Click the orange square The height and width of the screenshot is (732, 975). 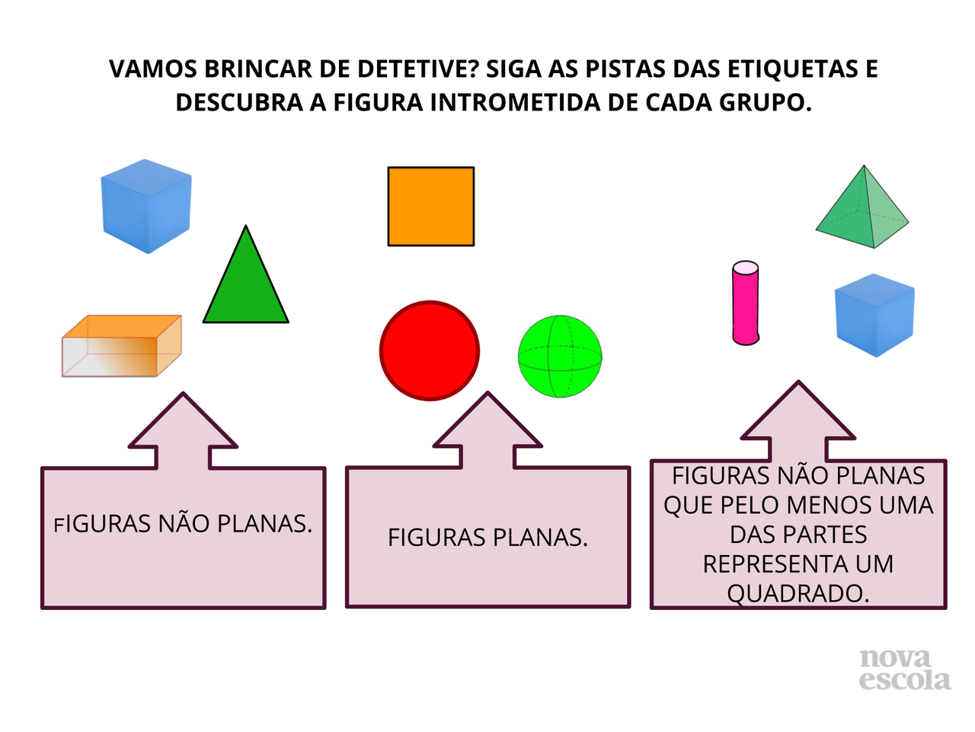pyautogui.click(x=431, y=207)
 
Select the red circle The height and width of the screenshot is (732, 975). pyautogui.click(x=430, y=351)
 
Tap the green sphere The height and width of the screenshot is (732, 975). pyautogui.click(x=560, y=356)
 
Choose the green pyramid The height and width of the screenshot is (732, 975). pyautogui.click(x=862, y=210)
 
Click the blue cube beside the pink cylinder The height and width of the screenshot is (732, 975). pyautogui.click(x=874, y=315)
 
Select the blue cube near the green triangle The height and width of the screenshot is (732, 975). pyautogui.click(x=145, y=206)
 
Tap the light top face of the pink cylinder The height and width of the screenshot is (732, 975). pyautogui.click(x=746, y=268)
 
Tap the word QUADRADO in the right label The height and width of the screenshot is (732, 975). pyautogui.click(x=798, y=593)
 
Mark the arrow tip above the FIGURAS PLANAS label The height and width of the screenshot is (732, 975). pyautogui.click(x=487, y=395)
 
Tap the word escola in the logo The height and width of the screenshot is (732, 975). pyautogui.click(x=905, y=680)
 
